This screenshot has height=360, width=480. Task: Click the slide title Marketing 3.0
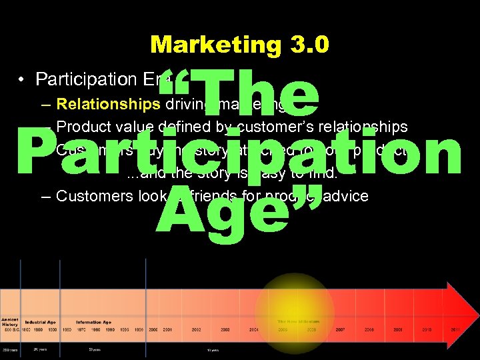click(239, 45)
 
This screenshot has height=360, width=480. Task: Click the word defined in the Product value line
click(183, 127)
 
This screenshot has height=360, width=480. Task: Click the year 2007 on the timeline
click(341, 329)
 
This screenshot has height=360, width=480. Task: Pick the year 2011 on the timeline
click(455, 329)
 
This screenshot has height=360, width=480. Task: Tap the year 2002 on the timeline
click(197, 329)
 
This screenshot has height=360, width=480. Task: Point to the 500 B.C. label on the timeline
click(11, 329)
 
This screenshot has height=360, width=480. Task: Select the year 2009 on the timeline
click(398, 329)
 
